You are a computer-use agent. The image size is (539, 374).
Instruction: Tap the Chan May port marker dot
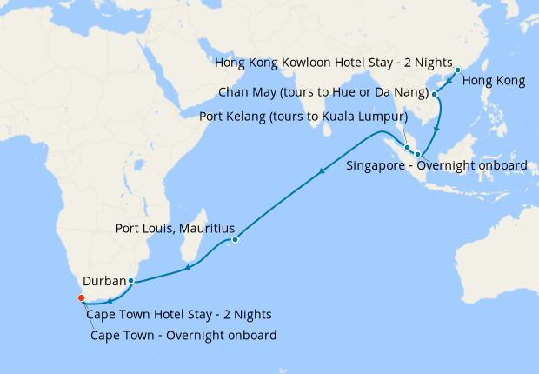pyautogui.click(x=434, y=93)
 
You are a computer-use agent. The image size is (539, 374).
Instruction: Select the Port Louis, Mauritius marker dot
pyautogui.click(x=235, y=239)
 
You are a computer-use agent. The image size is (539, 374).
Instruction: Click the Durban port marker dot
pyautogui.click(x=130, y=281)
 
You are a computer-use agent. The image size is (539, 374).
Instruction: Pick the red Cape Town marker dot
pyautogui.click(x=81, y=298)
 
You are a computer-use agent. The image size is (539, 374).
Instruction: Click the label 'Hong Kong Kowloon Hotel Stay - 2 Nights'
pyautogui.click(x=334, y=64)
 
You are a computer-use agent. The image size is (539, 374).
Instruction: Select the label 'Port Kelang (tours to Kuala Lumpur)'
pyautogui.click(x=303, y=116)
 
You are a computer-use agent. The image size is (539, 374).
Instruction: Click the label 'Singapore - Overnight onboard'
pyautogui.click(x=436, y=164)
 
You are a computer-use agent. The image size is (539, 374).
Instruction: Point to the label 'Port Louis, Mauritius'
pyautogui.click(x=170, y=230)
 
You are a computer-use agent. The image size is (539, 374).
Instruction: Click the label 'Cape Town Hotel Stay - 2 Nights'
pyautogui.click(x=179, y=314)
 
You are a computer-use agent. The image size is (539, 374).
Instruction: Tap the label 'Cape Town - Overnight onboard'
pyautogui.click(x=183, y=335)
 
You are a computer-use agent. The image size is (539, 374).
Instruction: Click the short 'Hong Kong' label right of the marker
pyautogui.click(x=493, y=82)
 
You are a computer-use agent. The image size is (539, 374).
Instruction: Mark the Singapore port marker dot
pyautogui.click(x=416, y=153)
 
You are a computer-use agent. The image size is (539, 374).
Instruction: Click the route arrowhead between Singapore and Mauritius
pyautogui.click(x=323, y=170)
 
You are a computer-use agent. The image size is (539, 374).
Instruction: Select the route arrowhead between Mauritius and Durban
pyautogui.click(x=188, y=269)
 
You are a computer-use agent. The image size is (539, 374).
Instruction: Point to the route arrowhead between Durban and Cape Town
pyautogui.click(x=109, y=301)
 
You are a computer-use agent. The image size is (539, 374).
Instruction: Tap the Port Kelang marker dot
pyautogui.click(x=407, y=147)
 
